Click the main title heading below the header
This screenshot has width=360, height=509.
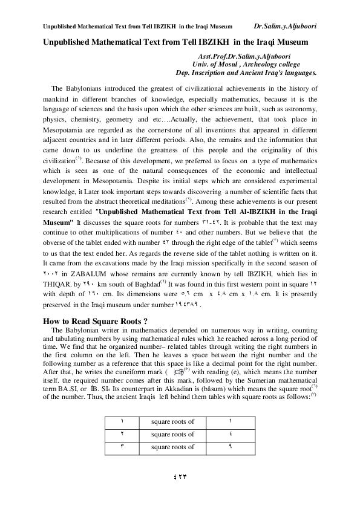click(175, 42)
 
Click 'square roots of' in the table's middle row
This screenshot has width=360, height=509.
click(172, 434)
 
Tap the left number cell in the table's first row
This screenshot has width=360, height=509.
click(121, 421)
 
